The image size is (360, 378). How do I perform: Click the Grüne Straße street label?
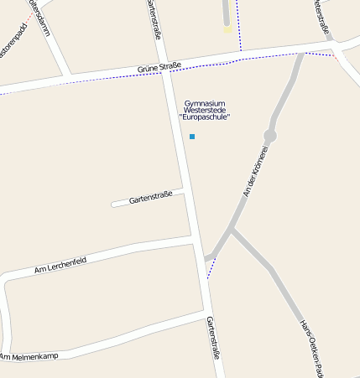tap(159, 66)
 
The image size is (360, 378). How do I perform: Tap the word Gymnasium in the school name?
tap(205, 102)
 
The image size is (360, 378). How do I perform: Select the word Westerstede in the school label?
tap(205, 110)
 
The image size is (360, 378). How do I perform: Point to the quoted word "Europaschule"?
tap(205, 117)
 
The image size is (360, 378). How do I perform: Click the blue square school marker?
tap(192, 136)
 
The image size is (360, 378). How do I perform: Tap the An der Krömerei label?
tap(256, 171)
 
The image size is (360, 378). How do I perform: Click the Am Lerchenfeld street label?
tap(60, 266)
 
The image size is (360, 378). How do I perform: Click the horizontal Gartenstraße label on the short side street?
tap(151, 197)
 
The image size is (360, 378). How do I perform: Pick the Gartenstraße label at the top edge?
tap(153, 18)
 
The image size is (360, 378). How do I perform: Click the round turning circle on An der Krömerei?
tap(269, 135)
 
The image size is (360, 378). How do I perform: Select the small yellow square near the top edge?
tap(227, 29)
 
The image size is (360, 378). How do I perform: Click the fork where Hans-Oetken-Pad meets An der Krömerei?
tap(231, 228)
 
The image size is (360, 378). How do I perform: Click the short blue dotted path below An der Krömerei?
tap(211, 267)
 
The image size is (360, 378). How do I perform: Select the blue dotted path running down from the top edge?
tap(238, 25)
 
